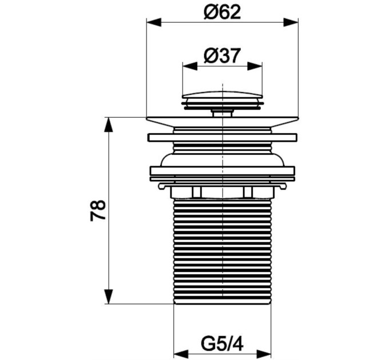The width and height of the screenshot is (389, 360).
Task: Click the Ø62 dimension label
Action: (222, 12)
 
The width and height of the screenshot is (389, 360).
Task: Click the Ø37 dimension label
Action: (222, 55)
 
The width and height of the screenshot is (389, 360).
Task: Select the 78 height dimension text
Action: (98, 210)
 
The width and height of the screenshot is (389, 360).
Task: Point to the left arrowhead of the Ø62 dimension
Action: (154, 22)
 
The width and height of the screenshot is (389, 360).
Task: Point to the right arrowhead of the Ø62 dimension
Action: (291, 22)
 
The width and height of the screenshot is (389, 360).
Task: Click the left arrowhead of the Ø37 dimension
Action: (190, 66)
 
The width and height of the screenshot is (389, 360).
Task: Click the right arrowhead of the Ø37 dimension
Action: (255, 66)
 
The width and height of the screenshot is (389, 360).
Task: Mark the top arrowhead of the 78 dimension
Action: (109, 125)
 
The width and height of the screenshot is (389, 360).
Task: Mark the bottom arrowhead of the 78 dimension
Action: (109, 297)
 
